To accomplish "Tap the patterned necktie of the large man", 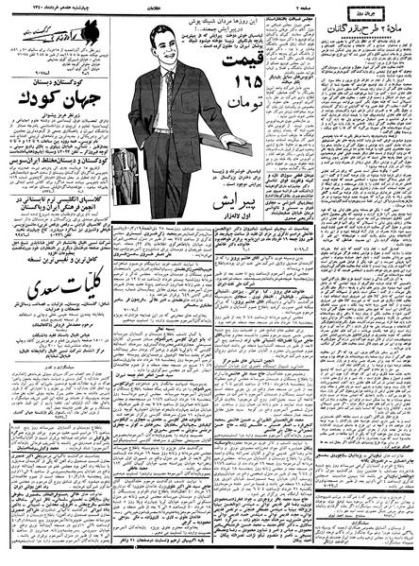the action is click(168, 95).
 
